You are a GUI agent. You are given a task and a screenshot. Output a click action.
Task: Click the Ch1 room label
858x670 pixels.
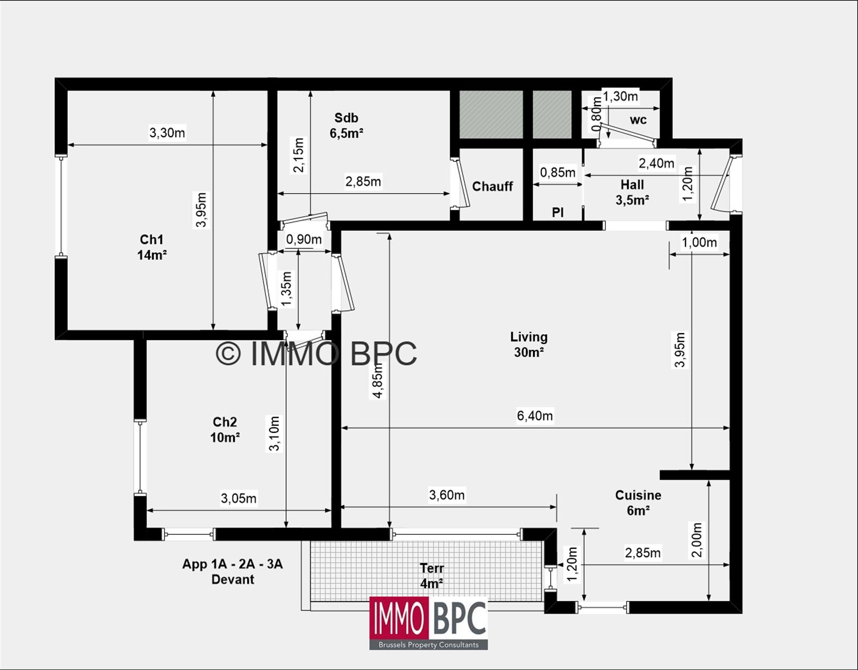[x=152, y=247]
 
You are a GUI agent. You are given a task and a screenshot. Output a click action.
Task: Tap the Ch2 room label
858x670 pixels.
[x=225, y=430]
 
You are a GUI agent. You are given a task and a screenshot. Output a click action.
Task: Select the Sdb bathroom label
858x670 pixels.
[x=346, y=126]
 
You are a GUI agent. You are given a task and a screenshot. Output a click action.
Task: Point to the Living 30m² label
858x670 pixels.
[x=529, y=344]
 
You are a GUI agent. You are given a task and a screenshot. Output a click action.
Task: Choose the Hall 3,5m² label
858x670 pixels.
[x=632, y=192]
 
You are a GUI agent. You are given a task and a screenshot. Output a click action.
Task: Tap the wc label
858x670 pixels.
[x=638, y=119]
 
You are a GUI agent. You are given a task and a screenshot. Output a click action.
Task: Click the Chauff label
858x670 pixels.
[x=492, y=186]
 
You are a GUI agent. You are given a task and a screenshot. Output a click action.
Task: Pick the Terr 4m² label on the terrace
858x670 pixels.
[x=432, y=576]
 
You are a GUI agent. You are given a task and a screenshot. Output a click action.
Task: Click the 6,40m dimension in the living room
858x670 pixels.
[x=535, y=415]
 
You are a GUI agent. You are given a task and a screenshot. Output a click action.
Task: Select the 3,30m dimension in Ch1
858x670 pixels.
[x=167, y=132]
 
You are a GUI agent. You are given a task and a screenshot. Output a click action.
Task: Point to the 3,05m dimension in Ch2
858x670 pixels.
[x=239, y=498]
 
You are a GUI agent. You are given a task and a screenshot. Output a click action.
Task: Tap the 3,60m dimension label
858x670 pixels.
[x=447, y=495]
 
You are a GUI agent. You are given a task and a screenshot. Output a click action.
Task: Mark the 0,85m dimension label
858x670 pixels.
[x=558, y=172]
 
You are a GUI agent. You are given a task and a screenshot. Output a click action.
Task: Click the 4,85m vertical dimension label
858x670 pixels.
[x=378, y=381]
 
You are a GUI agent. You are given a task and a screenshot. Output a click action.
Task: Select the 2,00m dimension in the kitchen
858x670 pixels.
[x=697, y=541]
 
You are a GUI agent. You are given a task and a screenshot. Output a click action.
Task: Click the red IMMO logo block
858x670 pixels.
[x=399, y=619]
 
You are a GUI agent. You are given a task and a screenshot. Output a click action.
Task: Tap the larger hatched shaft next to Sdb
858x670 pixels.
[x=491, y=114]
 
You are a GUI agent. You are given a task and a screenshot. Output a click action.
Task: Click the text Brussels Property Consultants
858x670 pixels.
[x=428, y=645]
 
